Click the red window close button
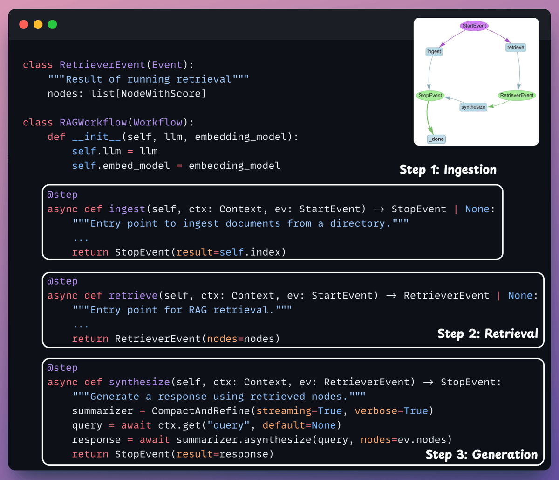pos(24,24)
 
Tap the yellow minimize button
pos(38,24)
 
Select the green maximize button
pos(53,24)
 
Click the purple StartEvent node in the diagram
pos(474,26)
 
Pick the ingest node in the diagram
pos(434,51)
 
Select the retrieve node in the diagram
pos(516,48)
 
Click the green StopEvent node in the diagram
pos(430,95)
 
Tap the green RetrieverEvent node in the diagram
pos(517,95)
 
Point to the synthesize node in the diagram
pos(473,107)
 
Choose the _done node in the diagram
pos(436,139)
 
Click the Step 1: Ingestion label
pos(448,170)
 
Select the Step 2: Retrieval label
pos(488,334)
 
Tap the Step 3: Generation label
pos(482,454)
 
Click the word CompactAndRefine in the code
pos(201,411)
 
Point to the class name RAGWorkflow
pos(93,122)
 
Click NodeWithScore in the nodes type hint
pos(161,93)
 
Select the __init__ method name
pos(96,137)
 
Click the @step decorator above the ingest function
pos(62,195)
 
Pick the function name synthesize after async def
pos(140,382)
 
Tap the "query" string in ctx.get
pos(228,425)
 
